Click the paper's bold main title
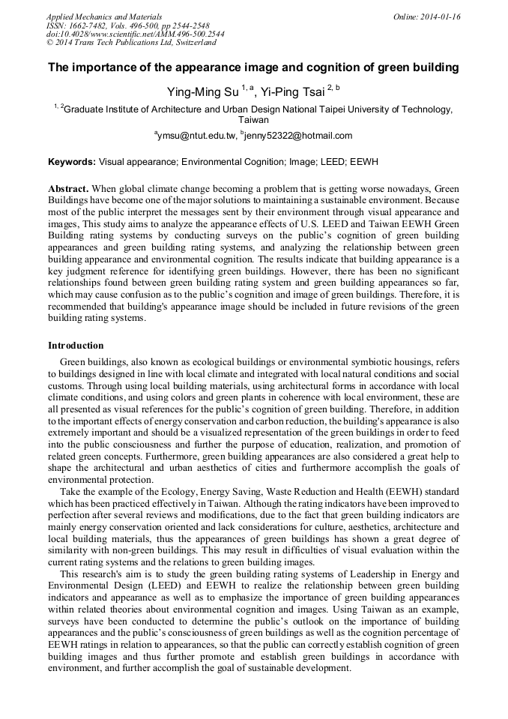click(253, 68)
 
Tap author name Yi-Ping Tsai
click(293, 91)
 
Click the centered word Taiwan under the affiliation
click(253, 120)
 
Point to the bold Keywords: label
click(72, 162)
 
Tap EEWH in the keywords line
click(366, 162)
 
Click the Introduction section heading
click(76, 346)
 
